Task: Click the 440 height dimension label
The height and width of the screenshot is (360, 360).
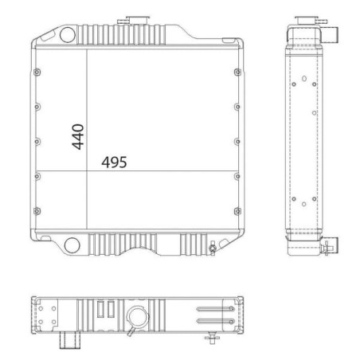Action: coord(78,137)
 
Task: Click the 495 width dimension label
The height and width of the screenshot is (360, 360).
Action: coord(114,162)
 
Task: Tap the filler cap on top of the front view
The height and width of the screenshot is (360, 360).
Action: coord(138,20)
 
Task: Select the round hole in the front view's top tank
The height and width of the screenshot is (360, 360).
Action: coord(68,35)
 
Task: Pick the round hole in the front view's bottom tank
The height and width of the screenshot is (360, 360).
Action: coord(72,245)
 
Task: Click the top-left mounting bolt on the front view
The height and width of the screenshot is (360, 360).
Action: coord(37,72)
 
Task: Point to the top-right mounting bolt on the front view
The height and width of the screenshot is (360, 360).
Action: coord(237,72)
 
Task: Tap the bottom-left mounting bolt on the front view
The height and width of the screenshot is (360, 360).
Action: coord(37,211)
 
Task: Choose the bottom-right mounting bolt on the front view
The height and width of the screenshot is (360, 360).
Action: coord(238,211)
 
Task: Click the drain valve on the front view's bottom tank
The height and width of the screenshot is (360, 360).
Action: coord(213,248)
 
